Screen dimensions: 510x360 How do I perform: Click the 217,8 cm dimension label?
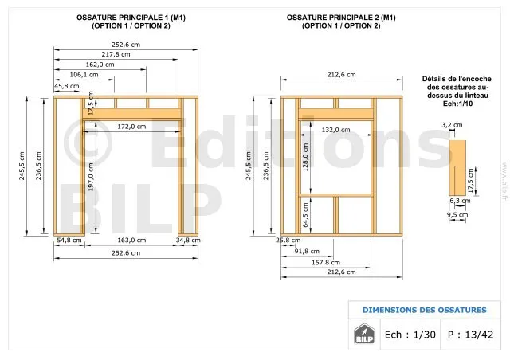tap(116, 54)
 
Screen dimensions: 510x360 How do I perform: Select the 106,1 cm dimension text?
tap(84, 75)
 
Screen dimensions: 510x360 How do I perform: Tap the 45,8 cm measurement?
tap(67, 86)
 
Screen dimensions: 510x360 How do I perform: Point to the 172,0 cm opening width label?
tap(131, 126)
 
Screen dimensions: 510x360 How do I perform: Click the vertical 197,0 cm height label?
tap(91, 177)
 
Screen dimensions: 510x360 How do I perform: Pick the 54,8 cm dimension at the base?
tap(69, 240)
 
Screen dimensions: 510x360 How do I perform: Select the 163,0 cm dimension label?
tap(131, 240)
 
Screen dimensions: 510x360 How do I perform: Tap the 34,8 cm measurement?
tap(188, 240)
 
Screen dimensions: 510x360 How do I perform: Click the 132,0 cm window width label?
tap(335, 130)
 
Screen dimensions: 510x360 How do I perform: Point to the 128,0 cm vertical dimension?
tap(305, 157)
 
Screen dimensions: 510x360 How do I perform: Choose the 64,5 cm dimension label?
tap(305, 215)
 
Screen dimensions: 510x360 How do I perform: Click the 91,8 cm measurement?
tap(307, 251)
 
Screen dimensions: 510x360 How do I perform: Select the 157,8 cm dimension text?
tap(326, 262)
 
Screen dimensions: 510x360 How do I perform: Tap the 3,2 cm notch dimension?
tap(452, 124)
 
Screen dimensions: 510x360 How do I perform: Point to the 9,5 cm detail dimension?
tap(457, 214)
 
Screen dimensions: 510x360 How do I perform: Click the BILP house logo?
tap(364, 334)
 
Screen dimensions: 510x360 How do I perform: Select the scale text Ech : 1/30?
tap(410, 335)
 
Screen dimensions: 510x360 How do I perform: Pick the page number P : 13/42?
tap(470, 335)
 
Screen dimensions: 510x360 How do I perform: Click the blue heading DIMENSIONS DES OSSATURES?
tap(425, 310)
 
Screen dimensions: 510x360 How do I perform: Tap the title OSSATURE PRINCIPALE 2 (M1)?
tap(341, 18)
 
